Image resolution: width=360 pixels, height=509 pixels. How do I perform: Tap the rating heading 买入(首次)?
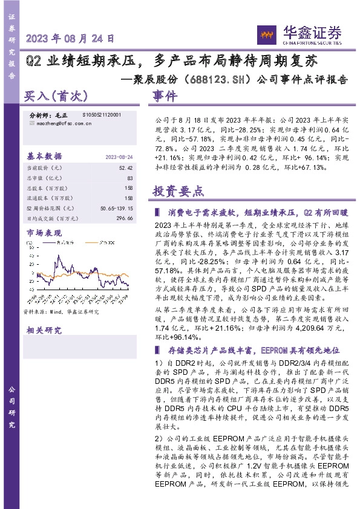[x=56, y=96]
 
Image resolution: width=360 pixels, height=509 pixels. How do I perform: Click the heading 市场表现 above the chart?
[x=44, y=233]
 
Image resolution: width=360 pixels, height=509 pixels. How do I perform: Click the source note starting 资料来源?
[x=60, y=312]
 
